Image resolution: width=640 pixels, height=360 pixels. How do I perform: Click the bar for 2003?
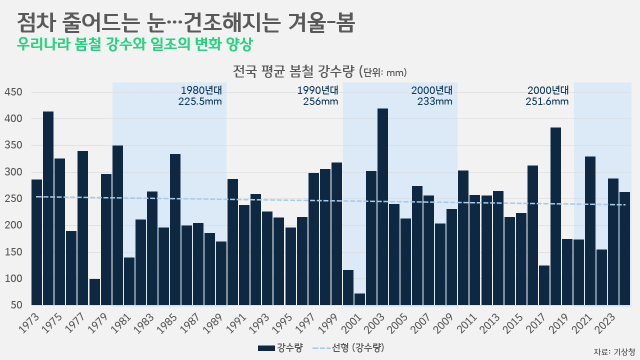click(x=382, y=207)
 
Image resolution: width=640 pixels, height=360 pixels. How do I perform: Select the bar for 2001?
click(x=359, y=299)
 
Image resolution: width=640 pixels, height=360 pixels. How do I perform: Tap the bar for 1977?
click(x=83, y=228)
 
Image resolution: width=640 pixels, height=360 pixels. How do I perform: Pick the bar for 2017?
click(x=544, y=285)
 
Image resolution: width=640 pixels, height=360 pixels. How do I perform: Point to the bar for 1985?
click(x=175, y=229)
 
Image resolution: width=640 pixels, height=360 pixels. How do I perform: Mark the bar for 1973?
click(x=37, y=242)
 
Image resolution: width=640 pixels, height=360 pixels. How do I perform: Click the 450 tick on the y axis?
click(x=13, y=92)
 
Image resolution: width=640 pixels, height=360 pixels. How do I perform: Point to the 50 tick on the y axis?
click(x=16, y=305)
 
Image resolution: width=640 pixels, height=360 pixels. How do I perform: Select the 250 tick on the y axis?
click(x=13, y=199)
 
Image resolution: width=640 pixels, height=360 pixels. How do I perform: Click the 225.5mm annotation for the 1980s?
click(x=199, y=101)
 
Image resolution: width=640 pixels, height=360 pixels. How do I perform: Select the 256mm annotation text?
click(x=320, y=101)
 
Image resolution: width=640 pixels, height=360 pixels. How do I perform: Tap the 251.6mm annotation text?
click(x=547, y=101)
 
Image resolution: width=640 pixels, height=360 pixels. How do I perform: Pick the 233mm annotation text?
click(x=434, y=101)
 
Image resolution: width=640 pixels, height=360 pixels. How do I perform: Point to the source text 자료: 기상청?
click(x=614, y=351)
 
